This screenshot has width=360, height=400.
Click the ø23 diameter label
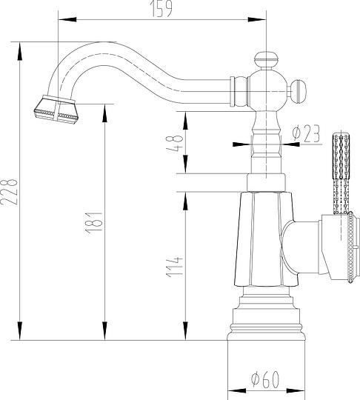(305, 133)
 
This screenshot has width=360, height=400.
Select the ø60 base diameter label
(264, 379)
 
